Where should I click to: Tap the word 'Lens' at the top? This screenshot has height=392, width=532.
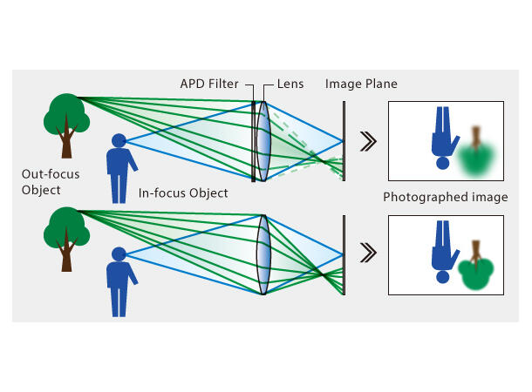pos(290,84)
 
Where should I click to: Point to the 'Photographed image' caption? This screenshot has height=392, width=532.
pos(445,197)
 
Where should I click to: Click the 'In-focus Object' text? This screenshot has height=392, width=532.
pos(182,193)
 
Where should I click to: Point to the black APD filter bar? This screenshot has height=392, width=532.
pos(253,139)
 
